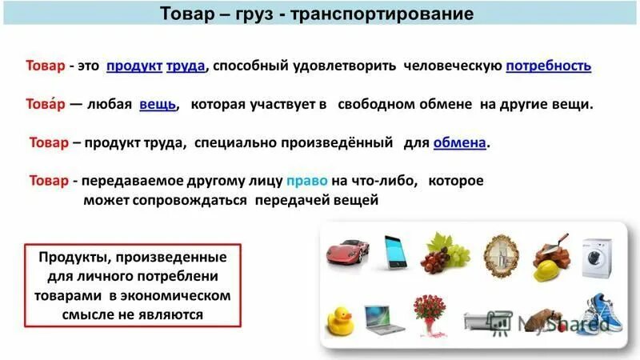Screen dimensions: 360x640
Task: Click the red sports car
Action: [347, 253]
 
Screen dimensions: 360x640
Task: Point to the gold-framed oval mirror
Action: [499, 254]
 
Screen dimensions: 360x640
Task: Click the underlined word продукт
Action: [134, 66]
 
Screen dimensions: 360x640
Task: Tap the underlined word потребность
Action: [548, 66]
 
